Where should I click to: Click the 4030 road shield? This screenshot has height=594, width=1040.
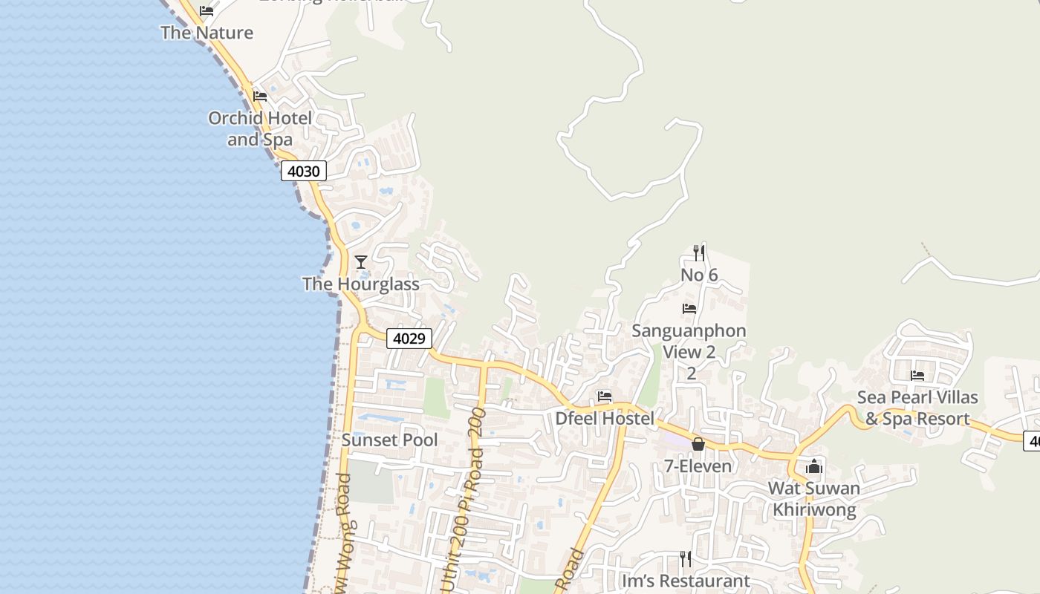[303, 172]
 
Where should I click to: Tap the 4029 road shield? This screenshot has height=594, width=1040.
[409, 339]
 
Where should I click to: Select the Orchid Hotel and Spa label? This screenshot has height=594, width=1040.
[260, 128]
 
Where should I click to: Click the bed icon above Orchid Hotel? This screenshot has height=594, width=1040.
[260, 97]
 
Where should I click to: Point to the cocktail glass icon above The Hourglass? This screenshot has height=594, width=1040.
[361, 261]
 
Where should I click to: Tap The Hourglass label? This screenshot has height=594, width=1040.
[360, 284]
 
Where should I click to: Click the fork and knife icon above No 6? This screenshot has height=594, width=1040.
[698, 252]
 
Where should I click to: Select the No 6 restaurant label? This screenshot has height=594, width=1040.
[699, 275]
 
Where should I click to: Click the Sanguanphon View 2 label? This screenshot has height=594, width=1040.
[689, 341]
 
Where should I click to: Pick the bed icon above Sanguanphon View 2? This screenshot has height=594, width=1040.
[689, 309]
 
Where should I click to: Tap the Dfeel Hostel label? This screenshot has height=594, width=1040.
[605, 419]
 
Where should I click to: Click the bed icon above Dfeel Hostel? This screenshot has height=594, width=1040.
[605, 397]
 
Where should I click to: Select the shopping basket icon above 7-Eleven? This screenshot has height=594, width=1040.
[698, 444]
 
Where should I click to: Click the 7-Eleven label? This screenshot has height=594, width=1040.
[698, 466]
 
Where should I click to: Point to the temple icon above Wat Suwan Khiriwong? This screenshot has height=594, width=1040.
[814, 466]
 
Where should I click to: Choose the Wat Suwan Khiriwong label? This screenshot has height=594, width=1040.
[814, 499]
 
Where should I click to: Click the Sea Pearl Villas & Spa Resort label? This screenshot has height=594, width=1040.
[917, 408]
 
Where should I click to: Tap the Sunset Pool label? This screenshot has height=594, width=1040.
[389, 440]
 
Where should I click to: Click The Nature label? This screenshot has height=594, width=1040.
[207, 33]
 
